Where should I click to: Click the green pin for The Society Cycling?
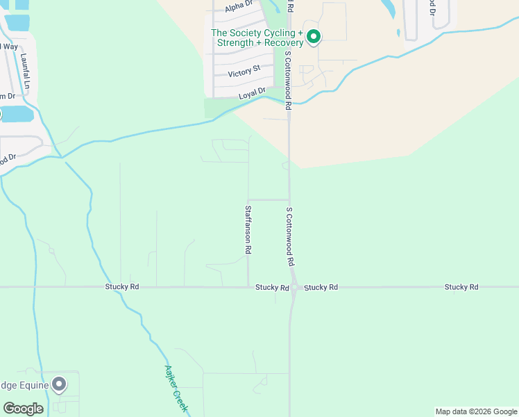tap(314, 36)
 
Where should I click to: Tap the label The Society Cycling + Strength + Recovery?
tap(257, 38)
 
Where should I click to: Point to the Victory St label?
tap(245, 69)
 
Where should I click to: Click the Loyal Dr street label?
tap(252, 92)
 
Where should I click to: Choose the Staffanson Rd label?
tap(248, 228)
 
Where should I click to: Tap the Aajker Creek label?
tap(176, 389)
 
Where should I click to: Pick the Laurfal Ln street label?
tap(26, 72)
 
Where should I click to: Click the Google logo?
tap(24, 408)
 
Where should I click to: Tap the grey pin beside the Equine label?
tap(60, 384)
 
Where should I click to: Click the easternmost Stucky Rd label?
tap(461, 287)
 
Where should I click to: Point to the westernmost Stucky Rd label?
tap(122, 287)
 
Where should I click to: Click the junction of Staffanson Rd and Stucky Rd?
tap(248, 287)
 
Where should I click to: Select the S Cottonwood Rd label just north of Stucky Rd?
tap(290, 236)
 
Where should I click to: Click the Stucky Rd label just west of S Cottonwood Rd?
tap(272, 287)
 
